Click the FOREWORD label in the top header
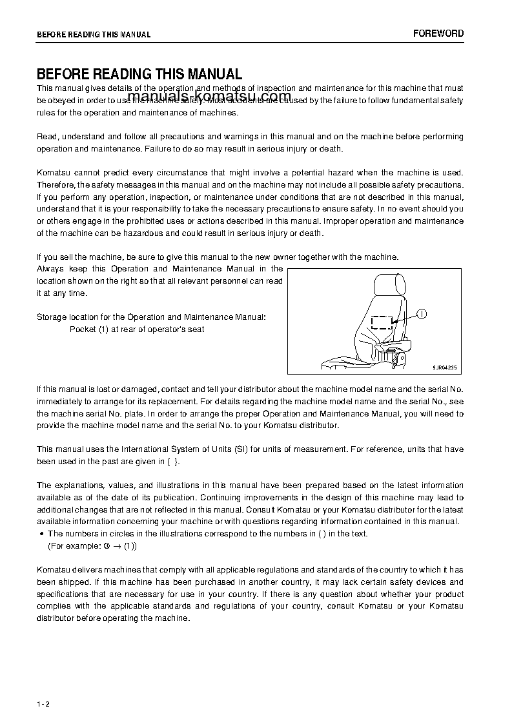click(x=438, y=34)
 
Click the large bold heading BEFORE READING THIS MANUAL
click(x=139, y=75)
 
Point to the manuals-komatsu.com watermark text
click(x=210, y=97)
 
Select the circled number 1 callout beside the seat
click(x=421, y=314)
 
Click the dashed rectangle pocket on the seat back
click(x=382, y=322)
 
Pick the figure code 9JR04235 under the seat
click(x=444, y=367)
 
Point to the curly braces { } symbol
click(x=170, y=462)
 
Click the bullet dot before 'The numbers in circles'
click(x=41, y=534)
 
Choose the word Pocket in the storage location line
click(x=83, y=329)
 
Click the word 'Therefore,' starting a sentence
click(x=56, y=185)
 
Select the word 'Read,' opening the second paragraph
click(x=47, y=137)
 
